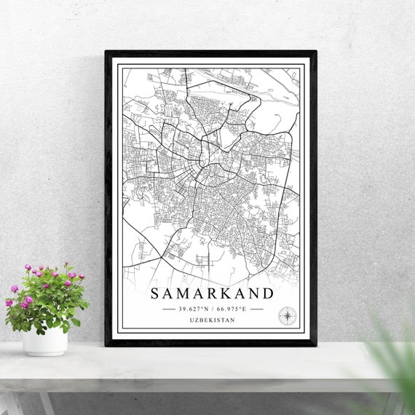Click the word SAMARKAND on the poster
tap(212, 293)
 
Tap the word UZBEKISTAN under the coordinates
tap(212, 320)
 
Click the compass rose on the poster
tap(287, 316)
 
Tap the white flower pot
tap(44, 340)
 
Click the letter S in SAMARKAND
tap(154, 293)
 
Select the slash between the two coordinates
tap(212, 309)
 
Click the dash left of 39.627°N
tap(169, 309)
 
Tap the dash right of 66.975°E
tap(256, 309)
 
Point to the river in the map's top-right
tap(280, 94)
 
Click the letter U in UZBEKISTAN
tap(191, 320)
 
